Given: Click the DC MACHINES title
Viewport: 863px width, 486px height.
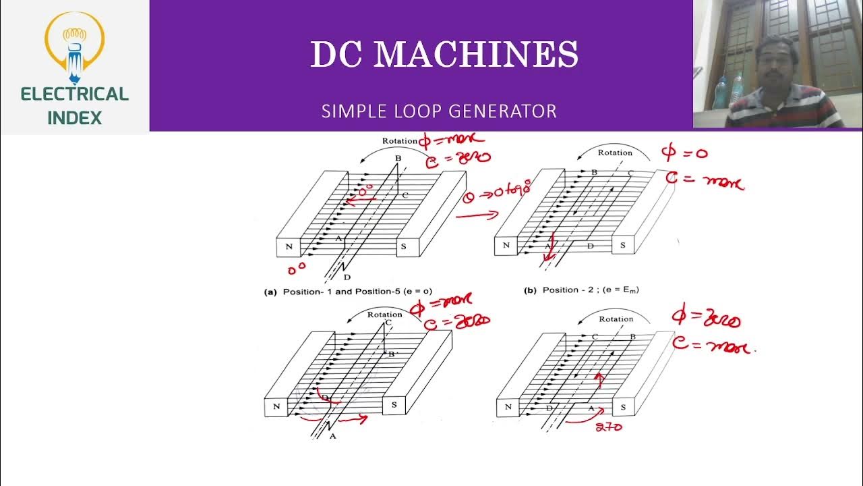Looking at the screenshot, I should pyautogui.click(x=444, y=55).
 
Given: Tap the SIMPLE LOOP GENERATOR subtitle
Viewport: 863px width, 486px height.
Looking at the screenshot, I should pyautogui.click(x=439, y=111).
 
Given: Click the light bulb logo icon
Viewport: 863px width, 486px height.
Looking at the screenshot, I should pyautogui.click(x=74, y=44).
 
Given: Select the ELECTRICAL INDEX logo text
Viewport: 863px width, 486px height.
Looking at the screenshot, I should pyautogui.click(x=74, y=105).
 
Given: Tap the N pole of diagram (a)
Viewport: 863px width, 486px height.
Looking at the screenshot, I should pyautogui.click(x=289, y=247).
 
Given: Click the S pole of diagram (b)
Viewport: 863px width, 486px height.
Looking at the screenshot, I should pyautogui.click(x=622, y=245).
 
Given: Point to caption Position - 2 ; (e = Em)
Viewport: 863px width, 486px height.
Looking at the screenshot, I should pyautogui.click(x=581, y=290).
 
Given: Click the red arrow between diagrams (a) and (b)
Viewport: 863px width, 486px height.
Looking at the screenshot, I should pyautogui.click(x=477, y=215).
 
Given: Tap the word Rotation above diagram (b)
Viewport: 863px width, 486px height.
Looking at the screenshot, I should pyautogui.click(x=615, y=153).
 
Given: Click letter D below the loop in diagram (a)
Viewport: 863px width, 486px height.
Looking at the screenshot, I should pyautogui.click(x=347, y=277).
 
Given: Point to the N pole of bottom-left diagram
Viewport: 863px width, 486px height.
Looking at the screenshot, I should pyautogui.click(x=276, y=407).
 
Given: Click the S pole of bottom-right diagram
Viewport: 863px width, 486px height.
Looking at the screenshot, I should pyautogui.click(x=623, y=408).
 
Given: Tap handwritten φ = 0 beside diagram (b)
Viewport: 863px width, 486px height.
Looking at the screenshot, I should pyautogui.click(x=685, y=153).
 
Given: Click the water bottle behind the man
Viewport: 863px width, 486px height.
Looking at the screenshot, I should pyautogui.click(x=721, y=90).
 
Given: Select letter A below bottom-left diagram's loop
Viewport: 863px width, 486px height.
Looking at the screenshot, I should pyautogui.click(x=332, y=436).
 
